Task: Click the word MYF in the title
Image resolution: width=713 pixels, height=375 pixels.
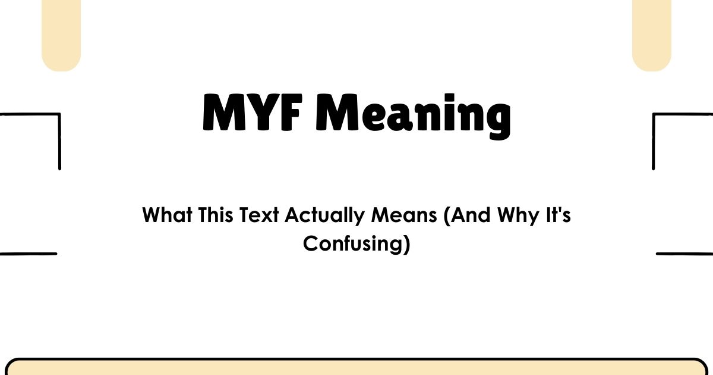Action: point(253,113)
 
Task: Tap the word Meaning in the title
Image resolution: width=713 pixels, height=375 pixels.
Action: point(411,114)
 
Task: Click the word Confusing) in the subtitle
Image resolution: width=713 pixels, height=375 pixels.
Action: point(356,244)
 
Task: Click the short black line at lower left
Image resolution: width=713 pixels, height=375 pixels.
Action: point(28,254)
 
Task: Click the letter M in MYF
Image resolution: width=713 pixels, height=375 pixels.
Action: point(222,113)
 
